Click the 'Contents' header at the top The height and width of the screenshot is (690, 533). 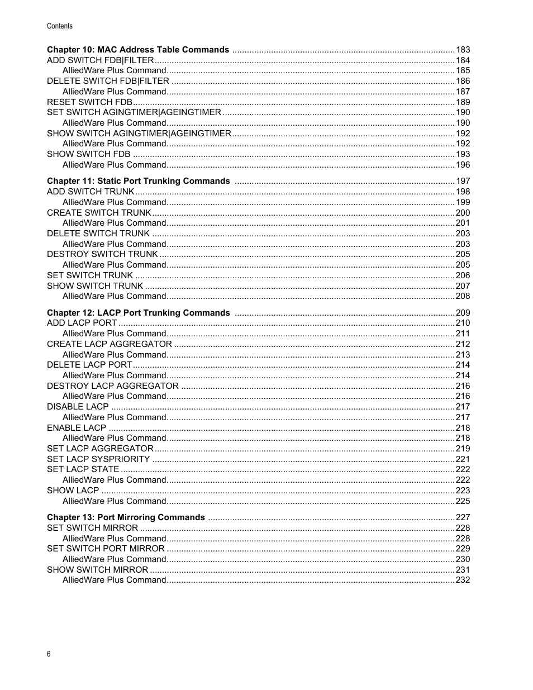(x=59, y=26)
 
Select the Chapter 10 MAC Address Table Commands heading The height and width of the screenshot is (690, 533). (x=138, y=50)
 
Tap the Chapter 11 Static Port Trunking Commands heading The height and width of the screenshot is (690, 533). (x=138, y=181)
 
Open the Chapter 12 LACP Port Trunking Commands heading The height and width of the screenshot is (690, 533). (x=138, y=313)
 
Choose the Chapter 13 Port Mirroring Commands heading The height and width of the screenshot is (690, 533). (x=126, y=517)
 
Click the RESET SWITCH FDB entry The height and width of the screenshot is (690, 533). (x=89, y=102)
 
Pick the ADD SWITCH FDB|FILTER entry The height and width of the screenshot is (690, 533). (x=100, y=60)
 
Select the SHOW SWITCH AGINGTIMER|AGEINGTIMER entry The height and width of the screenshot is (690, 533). (x=139, y=134)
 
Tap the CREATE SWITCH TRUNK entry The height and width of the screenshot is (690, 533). (x=99, y=213)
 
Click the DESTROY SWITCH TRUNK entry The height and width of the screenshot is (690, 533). (x=102, y=254)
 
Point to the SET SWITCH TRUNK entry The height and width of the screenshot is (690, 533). (x=90, y=275)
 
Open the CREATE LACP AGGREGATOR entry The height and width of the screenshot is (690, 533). (x=110, y=344)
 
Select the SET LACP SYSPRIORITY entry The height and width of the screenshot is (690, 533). (x=98, y=459)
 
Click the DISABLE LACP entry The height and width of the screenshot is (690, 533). (x=78, y=407)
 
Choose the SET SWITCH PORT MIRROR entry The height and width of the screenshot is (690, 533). (x=106, y=549)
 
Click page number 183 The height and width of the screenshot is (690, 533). (x=463, y=50)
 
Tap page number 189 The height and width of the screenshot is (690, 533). (x=463, y=102)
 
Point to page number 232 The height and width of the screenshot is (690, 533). (x=463, y=580)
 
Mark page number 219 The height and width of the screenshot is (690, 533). (x=463, y=449)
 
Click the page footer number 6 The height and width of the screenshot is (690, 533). (x=49, y=654)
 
